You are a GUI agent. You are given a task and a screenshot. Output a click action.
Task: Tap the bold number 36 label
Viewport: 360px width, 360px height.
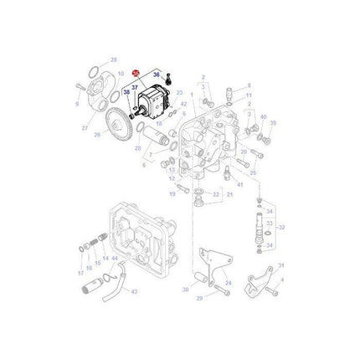155,76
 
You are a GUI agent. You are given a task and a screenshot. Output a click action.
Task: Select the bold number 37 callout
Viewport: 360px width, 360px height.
135,86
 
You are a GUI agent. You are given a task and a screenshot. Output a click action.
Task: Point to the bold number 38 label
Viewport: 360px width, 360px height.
126,93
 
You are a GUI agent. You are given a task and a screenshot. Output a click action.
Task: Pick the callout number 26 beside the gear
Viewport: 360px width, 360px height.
97,135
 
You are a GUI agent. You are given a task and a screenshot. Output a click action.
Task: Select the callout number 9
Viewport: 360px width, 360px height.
77,104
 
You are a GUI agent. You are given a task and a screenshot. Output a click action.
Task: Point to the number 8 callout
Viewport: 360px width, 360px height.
249,85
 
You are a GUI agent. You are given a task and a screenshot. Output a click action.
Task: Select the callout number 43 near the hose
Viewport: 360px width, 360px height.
134,291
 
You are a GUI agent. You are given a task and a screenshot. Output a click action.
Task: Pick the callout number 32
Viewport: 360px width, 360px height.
281,226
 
